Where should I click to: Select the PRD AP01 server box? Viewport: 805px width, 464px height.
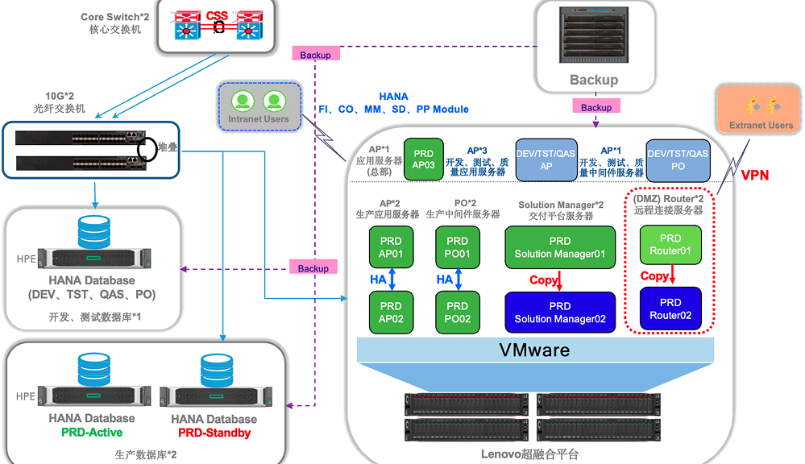(x=391, y=247)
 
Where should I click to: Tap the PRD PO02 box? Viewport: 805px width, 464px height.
(x=457, y=313)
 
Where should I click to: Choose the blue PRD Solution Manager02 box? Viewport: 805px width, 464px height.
(x=560, y=313)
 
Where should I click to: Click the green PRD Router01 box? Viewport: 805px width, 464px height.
(x=670, y=244)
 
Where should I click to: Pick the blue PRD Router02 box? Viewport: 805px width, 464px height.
(x=670, y=309)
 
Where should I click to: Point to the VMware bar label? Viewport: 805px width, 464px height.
(x=534, y=350)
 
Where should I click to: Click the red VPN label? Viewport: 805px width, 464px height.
(x=755, y=176)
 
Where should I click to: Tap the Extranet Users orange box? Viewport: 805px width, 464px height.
(x=761, y=112)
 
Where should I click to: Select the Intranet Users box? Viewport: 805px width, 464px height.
(x=258, y=106)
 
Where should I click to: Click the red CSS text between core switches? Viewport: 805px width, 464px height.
(x=217, y=15)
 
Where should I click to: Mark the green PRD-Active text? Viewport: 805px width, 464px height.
(x=92, y=433)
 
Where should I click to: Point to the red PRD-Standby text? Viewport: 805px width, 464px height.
(x=214, y=433)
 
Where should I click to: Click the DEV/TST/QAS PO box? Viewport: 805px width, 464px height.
(x=678, y=159)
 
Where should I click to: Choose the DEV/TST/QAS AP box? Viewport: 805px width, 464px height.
(x=546, y=159)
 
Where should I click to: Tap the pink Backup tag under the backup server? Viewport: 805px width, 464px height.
(x=596, y=107)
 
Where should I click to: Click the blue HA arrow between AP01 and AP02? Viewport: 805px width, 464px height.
(x=391, y=280)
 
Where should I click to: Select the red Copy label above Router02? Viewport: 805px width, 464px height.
(x=654, y=276)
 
